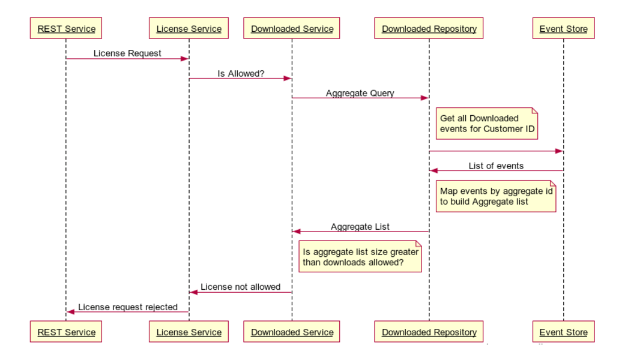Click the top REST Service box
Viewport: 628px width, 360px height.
66,28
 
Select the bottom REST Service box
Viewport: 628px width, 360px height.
66,332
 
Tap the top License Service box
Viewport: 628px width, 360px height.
189,28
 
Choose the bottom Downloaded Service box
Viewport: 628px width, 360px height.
292,332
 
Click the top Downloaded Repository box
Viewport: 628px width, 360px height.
429,28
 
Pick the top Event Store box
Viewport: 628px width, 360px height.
564,28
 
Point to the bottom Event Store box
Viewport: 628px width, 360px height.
564,332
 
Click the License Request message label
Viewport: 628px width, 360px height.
127,53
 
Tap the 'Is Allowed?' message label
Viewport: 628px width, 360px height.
241,74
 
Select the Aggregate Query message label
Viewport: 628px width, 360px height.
360,94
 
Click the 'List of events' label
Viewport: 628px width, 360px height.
497,166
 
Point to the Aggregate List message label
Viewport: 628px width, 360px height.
360,227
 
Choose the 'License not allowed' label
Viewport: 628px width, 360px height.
240,287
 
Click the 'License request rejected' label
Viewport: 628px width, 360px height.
128,307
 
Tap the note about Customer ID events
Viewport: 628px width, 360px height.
487,124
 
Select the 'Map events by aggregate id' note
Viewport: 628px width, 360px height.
496,196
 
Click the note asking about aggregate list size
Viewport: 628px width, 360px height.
360,256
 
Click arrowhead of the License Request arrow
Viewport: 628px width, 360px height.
185,59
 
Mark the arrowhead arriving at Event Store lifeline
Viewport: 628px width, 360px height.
559,151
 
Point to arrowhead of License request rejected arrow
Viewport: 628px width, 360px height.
70,311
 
